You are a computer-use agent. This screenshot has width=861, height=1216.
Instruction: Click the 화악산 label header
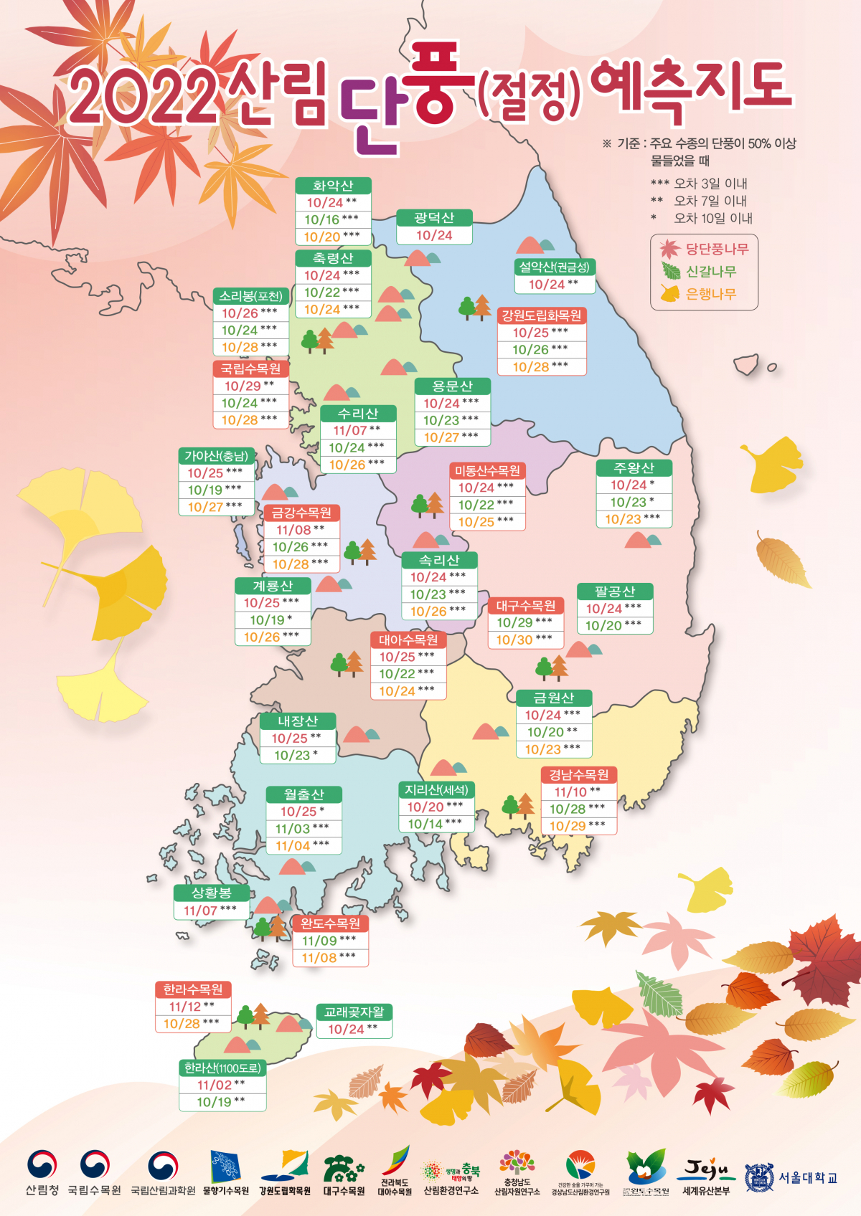click(x=333, y=186)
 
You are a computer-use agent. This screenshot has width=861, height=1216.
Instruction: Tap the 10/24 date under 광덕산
click(x=434, y=235)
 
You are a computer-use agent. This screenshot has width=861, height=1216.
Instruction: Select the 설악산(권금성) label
click(x=555, y=267)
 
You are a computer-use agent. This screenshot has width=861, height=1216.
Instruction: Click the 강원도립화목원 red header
click(x=542, y=315)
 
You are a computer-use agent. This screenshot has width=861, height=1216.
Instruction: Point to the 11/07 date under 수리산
click(x=350, y=430)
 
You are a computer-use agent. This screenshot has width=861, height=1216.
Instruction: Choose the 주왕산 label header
click(x=634, y=468)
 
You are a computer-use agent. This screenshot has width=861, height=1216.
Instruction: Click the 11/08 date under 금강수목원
click(x=293, y=530)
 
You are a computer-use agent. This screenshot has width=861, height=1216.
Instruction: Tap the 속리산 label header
click(x=439, y=560)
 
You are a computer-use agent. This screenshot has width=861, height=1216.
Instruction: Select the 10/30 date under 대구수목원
click(x=514, y=640)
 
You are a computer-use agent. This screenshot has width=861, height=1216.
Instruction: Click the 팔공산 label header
click(x=615, y=592)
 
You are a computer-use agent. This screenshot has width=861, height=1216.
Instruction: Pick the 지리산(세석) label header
click(x=436, y=789)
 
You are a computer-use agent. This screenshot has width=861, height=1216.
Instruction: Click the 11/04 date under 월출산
click(x=293, y=846)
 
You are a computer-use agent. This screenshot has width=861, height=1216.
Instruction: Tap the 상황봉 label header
click(x=211, y=893)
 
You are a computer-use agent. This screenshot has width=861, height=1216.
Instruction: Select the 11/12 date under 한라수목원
click(x=184, y=1007)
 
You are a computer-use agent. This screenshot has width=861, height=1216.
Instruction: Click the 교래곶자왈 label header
click(x=354, y=1012)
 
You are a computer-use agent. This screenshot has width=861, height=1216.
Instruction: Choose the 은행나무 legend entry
click(x=700, y=294)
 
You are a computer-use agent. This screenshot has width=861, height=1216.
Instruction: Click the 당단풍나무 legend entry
click(x=705, y=249)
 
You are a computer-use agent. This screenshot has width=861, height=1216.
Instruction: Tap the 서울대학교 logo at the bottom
click(x=791, y=1177)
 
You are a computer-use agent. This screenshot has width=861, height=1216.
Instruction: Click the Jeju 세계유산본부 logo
click(x=706, y=1176)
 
